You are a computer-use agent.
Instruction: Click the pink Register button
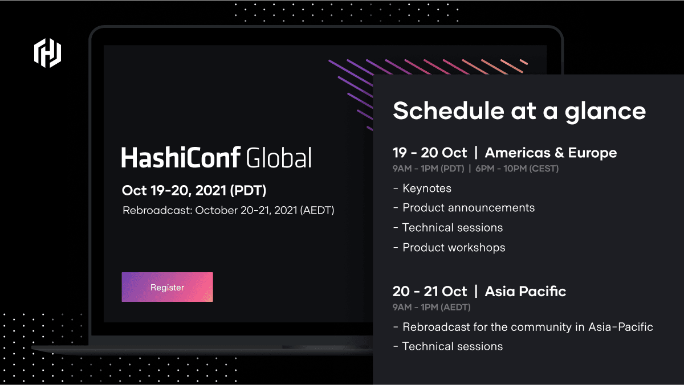(167, 287)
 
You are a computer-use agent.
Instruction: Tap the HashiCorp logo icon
(47, 54)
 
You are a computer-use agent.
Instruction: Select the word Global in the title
(279, 157)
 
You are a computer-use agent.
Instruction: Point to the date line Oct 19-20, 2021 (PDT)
(194, 190)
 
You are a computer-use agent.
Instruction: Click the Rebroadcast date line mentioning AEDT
(228, 210)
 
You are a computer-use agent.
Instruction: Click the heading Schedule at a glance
(519, 110)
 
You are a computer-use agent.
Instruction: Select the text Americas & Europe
(551, 153)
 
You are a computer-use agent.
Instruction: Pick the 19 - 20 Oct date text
(430, 153)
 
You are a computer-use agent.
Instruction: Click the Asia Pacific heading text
(525, 292)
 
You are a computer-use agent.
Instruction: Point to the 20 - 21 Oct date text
(430, 292)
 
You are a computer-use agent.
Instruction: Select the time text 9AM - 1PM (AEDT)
(431, 308)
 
